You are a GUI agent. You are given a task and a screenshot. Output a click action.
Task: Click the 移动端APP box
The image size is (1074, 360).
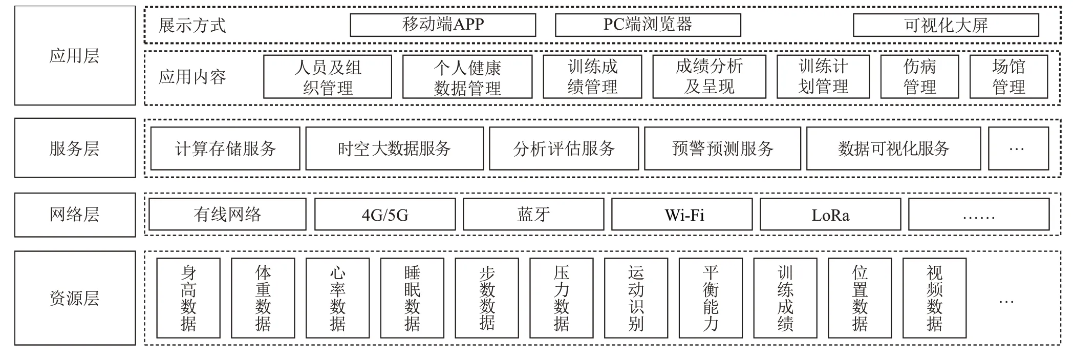[443, 25]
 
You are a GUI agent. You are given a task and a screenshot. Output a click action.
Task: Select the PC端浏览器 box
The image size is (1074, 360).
[648, 25]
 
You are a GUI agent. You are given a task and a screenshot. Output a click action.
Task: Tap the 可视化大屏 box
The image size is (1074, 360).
[946, 25]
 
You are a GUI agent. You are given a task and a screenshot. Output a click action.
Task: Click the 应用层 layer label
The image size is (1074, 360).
[75, 56]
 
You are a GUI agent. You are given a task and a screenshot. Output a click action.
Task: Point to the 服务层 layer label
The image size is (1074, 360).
[75, 148]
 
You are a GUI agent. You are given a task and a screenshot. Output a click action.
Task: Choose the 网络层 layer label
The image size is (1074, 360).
[75, 215]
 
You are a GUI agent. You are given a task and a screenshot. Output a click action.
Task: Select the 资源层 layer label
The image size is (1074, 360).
[75, 298]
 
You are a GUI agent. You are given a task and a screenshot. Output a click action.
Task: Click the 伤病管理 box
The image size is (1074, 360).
[919, 77]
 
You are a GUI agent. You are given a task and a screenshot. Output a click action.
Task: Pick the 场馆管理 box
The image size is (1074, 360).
[1008, 77]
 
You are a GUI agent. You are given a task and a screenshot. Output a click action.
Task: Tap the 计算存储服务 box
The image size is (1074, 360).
[225, 149]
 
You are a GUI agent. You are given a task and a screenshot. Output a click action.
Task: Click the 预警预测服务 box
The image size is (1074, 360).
[722, 149]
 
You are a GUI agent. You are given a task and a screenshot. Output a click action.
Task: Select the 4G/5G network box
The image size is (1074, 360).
[385, 215]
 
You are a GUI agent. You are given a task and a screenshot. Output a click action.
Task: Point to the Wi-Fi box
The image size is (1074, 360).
[682, 215]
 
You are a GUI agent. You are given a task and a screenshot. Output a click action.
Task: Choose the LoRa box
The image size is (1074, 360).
[830, 215]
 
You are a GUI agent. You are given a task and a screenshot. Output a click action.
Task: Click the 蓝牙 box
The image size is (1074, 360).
[533, 215]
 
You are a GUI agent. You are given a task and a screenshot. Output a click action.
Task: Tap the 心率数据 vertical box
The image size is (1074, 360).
[337, 298]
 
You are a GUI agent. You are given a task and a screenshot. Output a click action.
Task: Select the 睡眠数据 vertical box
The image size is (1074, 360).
[412, 298]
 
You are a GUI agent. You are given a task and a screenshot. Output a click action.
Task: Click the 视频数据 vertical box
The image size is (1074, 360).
[934, 298]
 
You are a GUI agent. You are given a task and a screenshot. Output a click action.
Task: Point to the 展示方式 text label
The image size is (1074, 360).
[192, 25]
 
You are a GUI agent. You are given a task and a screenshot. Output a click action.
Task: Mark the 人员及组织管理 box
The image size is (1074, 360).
[328, 77]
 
